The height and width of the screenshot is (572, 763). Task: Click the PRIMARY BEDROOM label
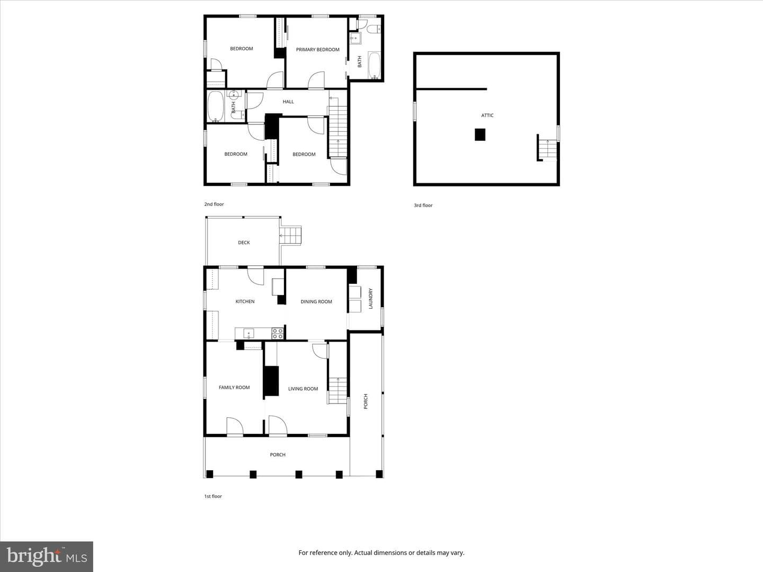coord(317,50)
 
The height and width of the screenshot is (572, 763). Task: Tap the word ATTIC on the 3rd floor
coord(487,115)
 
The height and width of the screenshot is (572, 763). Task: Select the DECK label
coord(244,243)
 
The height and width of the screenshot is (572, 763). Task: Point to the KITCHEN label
coord(245,301)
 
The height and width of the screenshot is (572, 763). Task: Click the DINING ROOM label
coord(316,301)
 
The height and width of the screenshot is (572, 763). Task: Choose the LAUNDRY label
coord(370,298)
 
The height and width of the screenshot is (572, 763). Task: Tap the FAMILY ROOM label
coord(234,387)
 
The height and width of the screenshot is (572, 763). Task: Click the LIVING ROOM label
coord(303,389)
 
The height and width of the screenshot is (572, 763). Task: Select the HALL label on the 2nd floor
coord(288,102)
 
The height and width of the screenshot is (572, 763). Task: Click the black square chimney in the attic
coord(480,135)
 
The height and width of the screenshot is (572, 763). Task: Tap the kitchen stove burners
coord(278,334)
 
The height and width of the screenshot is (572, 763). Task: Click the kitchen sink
coord(249,334)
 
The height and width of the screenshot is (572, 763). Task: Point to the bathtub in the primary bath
coord(375,65)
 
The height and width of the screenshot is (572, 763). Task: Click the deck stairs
coord(290,236)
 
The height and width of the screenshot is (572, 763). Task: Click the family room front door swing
coord(235,425)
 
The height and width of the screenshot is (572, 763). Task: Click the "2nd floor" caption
coord(214,204)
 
